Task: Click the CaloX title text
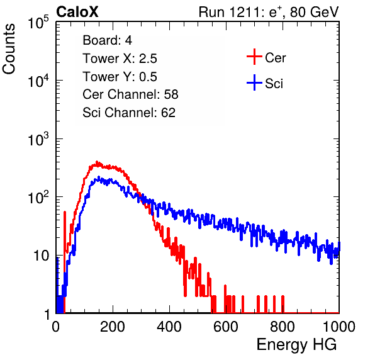click(x=77, y=12)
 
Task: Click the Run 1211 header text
click(x=269, y=12)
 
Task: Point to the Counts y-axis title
click(x=9, y=49)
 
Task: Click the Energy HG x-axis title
click(x=296, y=345)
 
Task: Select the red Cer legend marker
click(x=254, y=57)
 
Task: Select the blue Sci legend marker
click(x=254, y=83)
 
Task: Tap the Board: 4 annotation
click(x=107, y=40)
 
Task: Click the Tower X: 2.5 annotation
click(x=120, y=59)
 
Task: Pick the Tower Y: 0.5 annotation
click(x=120, y=77)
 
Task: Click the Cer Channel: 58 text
click(x=130, y=94)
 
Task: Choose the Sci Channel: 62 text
click(x=129, y=113)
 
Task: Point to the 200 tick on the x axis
click(x=113, y=327)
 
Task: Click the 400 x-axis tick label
click(x=169, y=327)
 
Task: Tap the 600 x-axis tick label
click(x=226, y=327)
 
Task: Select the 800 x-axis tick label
click(x=283, y=327)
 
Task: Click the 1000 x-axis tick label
click(x=339, y=327)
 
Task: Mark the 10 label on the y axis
click(x=41, y=256)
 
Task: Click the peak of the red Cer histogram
click(x=97, y=162)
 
